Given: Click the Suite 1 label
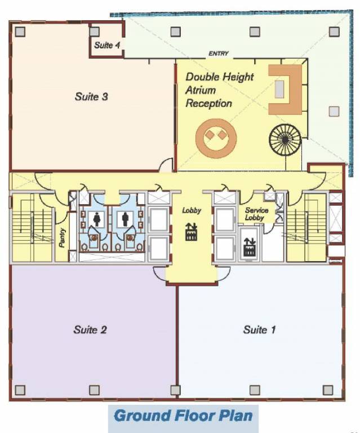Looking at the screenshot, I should (x=259, y=329).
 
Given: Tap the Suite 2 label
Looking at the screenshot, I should (x=90, y=329).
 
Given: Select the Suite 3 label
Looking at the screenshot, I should (x=91, y=96).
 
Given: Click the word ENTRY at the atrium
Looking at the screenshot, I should (x=219, y=54).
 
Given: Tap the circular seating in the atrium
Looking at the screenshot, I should (x=215, y=136).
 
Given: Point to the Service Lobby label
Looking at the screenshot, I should (x=256, y=214).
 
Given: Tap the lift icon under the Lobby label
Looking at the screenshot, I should (x=191, y=231).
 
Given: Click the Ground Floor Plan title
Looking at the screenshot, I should (x=183, y=417).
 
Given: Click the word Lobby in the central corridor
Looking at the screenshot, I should (x=192, y=210).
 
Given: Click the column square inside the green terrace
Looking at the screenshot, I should (x=334, y=111).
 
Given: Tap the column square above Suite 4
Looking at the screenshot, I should (x=95, y=32).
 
